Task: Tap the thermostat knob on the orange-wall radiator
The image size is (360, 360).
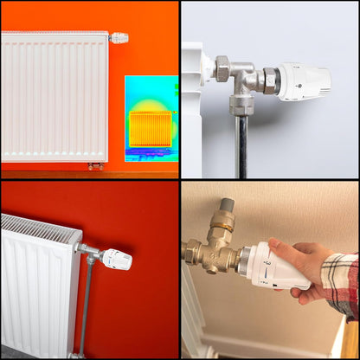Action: point(119,38)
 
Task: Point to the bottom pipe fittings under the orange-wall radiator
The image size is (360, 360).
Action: point(95,164)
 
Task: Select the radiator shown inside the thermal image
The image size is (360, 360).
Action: point(151,128)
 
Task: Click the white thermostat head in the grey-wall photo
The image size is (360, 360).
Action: point(304,81)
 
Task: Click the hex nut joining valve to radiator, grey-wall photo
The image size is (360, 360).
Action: point(222,67)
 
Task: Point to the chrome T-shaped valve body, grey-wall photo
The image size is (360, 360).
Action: point(246,83)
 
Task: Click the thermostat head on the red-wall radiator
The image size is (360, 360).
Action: point(116,259)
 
